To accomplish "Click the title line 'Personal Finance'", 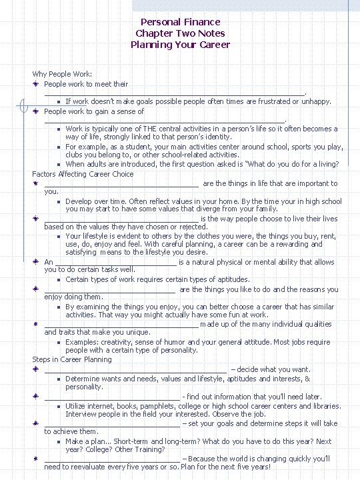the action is [180, 22].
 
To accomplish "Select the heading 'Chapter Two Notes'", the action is [180, 33].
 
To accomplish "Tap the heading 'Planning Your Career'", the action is [180, 45].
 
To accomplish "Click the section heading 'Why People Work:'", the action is [62, 74].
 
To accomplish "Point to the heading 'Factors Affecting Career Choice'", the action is [83, 174].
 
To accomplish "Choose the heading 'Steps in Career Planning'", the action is [72, 359].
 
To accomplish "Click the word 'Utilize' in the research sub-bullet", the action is [77, 405].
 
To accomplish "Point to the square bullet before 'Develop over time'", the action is [59, 201].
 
